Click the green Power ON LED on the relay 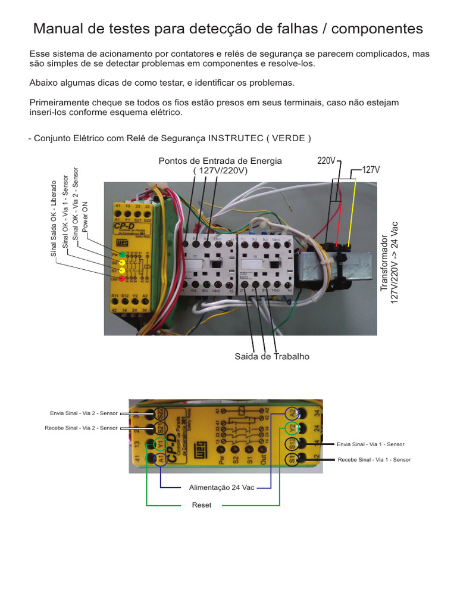point(122,254)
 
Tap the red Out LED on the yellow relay point(122,278)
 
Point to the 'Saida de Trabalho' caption point(273,356)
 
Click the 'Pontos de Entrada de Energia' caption point(220,161)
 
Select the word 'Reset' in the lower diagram point(202,505)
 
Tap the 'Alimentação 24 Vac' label point(221,487)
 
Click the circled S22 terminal point(160,413)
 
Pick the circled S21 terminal point(160,428)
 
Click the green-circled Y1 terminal point(160,444)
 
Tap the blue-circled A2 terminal point(292,413)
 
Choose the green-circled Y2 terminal point(292,428)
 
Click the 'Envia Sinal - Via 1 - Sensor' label point(370,444)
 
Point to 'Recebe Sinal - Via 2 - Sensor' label point(82,428)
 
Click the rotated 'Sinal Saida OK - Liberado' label point(54,217)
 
